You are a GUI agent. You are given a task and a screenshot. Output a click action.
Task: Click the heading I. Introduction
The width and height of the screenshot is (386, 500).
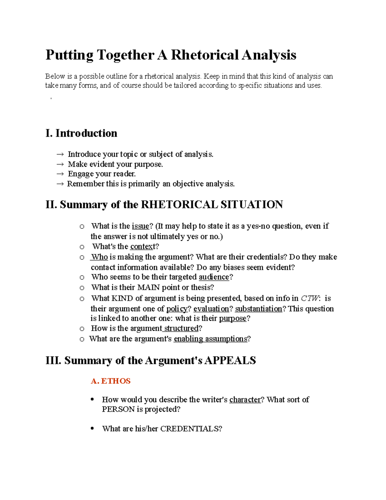pyautogui.click(x=81, y=133)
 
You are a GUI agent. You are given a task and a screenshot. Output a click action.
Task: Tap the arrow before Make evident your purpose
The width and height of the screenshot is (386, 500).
pyautogui.click(x=60, y=164)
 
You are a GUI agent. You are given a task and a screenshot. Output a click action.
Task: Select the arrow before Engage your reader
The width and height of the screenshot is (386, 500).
pyautogui.click(x=60, y=174)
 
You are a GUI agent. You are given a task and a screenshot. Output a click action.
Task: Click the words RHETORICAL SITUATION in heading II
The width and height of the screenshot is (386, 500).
pyautogui.click(x=212, y=204)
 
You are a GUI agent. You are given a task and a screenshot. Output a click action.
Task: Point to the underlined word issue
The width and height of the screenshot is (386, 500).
pyautogui.click(x=141, y=226)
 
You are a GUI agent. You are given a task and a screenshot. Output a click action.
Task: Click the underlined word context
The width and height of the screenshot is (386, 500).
pyautogui.click(x=142, y=247)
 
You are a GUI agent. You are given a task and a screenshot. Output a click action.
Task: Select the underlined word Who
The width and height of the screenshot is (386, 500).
pyautogui.click(x=99, y=257)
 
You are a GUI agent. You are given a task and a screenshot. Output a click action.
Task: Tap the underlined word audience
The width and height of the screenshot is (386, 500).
pyautogui.click(x=214, y=277)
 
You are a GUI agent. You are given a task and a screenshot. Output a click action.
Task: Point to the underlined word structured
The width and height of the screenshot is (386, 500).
pyautogui.click(x=181, y=328)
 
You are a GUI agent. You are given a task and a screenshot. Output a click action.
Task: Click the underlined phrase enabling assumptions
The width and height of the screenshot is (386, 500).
pyautogui.click(x=210, y=339)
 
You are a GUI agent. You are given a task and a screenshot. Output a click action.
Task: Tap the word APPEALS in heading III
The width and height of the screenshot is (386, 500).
pyautogui.click(x=230, y=360)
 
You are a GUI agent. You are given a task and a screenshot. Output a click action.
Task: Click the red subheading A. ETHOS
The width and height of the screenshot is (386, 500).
pyautogui.click(x=111, y=381)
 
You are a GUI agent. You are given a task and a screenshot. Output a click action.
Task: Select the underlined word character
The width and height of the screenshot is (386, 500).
pyautogui.click(x=245, y=400)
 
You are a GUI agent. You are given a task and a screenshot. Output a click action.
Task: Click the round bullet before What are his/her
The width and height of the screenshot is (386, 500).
pyautogui.click(x=92, y=428)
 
